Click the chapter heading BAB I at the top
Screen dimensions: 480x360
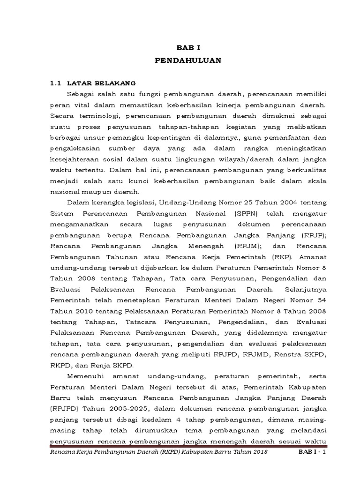(x=184, y=48)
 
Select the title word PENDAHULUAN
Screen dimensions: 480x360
(x=184, y=61)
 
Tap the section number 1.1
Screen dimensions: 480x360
(x=56, y=83)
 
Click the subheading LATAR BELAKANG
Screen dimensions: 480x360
(x=101, y=83)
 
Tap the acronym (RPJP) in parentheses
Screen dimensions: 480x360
(x=313, y=235)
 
